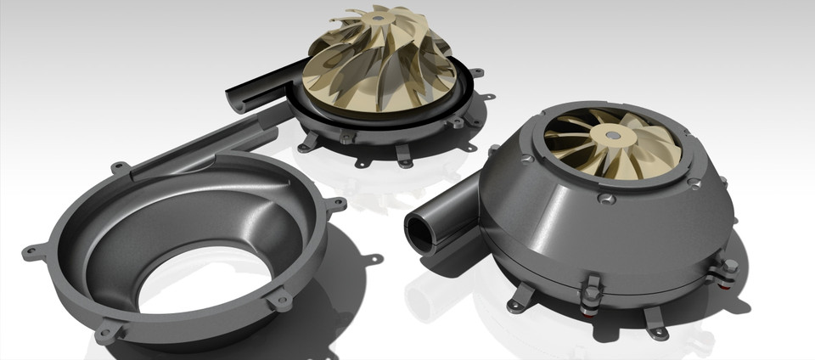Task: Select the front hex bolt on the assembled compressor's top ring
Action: point(605,197)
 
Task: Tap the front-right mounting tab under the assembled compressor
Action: point(655,322)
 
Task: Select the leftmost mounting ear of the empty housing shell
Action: point(32,252)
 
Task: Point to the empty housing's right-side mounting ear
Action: point(336,205)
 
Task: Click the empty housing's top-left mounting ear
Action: point(120,168)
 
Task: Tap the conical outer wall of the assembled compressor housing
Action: point(552,212)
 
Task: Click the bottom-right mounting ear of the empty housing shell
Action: point(278,300)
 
